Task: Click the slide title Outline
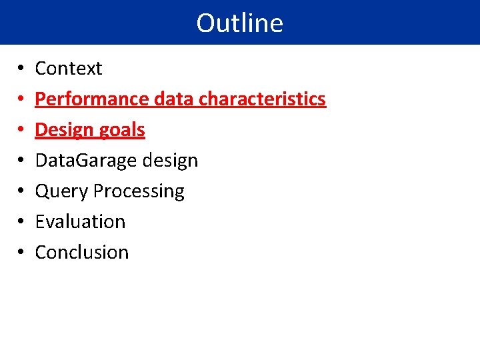(239, 23)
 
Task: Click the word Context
(68, 69)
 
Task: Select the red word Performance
(92, 99)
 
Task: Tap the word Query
(61, 191)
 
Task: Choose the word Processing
(139, 191)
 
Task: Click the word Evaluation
(80, 221)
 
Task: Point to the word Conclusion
(81, 252)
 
